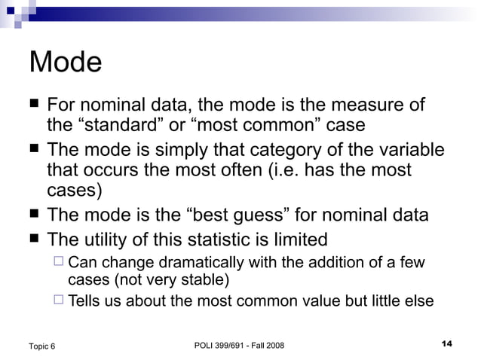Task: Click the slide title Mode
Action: (65, 62)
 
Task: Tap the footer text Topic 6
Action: (41, 346)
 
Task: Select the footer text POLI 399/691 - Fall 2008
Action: (239, 345)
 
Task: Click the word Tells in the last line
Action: (84, 301)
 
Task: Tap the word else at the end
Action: (420, 301)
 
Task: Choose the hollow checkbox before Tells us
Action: (60, 301)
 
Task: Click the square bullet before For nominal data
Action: (34, 105)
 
